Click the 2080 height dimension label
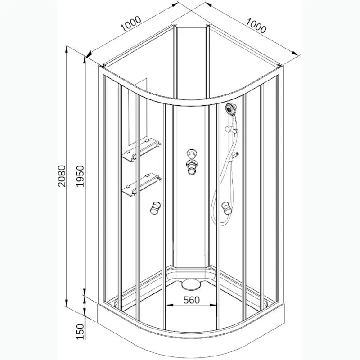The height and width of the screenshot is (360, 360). tap(62, 176)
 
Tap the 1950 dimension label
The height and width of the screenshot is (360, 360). tap(81, 176)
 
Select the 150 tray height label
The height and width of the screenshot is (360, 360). tap(81, 331)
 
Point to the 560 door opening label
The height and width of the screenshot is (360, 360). tap(192, 300)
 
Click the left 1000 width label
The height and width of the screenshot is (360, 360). tap(130, 23)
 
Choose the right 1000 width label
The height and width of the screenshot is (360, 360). tap(256, 25)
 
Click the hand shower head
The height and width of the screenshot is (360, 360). tap(230, 108)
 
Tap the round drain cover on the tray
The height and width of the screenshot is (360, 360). tap(191, 285)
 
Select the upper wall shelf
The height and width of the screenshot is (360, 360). tap(141, 149)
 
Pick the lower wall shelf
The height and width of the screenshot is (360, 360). tap(141, 184)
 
